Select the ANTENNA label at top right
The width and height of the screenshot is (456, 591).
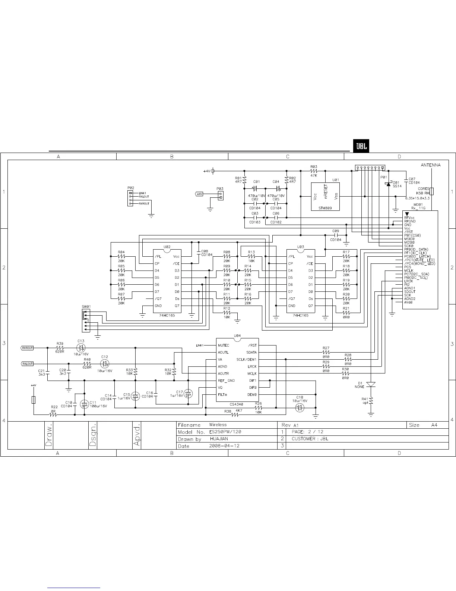(430, 165)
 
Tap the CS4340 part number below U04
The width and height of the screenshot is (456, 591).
(237, 404)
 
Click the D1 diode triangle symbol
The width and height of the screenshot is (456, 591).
(371, 384)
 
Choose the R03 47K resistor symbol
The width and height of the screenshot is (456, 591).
(313, 171)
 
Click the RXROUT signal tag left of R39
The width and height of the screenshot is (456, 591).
(27, 348)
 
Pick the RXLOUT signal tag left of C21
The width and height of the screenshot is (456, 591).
(27, 363)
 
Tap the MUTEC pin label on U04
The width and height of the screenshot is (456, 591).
(224, 345)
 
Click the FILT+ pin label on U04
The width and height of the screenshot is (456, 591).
(223, 395)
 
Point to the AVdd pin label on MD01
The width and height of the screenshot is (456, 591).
(408, 303)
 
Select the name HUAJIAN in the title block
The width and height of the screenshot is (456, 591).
(219, 439)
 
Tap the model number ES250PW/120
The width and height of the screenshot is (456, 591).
(225, 432)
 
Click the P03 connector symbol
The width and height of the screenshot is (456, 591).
(221, 196)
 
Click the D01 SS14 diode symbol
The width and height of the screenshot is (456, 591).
(388, 184)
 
